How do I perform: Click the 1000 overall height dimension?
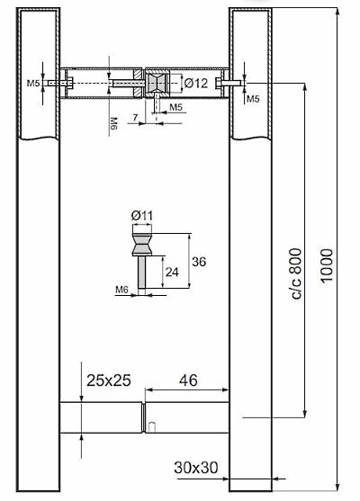point(327,265)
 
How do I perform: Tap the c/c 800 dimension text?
point(297,273)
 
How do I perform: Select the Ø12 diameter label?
point(196,84)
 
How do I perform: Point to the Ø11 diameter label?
point(142,216)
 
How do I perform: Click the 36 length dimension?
point(199,262)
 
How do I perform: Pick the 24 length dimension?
point(172,273)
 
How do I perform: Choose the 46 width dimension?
point(188,380)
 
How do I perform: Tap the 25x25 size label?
point(109,380)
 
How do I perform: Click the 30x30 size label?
point(196,468)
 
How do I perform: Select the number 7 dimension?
point(136,118)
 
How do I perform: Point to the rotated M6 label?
point(113,123)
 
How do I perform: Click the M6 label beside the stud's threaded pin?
point(121,290)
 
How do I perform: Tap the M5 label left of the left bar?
point(33,84)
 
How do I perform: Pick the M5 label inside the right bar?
point(253,99)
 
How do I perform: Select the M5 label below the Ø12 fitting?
point(175,107)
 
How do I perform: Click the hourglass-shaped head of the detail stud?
point(142,245)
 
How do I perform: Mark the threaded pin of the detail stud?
point(142,272)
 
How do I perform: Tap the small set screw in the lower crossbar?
point(152,427)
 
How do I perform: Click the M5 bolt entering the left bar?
point(60,83)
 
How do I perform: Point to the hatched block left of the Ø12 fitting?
point(138,83)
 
